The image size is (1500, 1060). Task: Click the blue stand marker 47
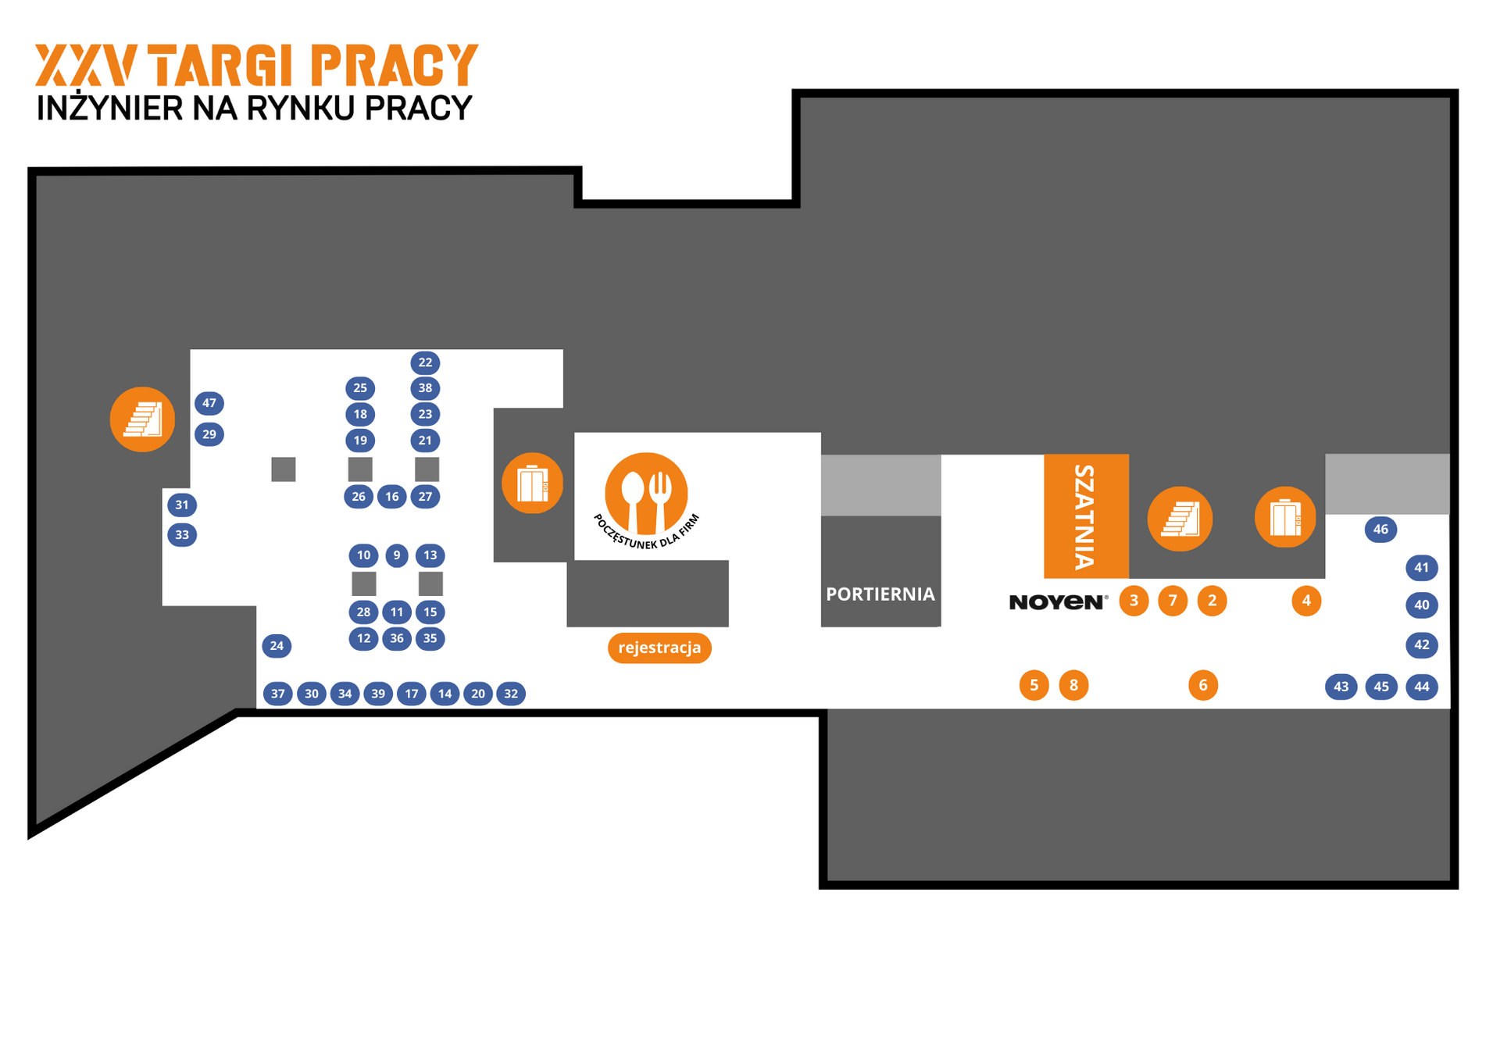tap(209, 403)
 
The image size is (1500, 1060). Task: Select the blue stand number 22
tap(425, 362)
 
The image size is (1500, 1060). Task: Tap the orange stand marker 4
tap(1305, 601)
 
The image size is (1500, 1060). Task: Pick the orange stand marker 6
tap(1202, 685)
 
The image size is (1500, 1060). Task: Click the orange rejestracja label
tap(659, 648)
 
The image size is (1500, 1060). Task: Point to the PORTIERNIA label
tap(880, 594)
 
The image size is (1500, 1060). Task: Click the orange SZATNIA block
tap(1086, 516)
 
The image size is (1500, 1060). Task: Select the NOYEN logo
tap(1058, 601)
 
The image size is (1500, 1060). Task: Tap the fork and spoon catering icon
tap(646, 494)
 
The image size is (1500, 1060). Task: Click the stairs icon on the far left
tap(142, 419)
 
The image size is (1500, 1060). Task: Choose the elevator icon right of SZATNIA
tap(1285, 517)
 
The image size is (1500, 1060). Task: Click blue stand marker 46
tap(1380, 530)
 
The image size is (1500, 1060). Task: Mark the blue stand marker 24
tap(277, 646)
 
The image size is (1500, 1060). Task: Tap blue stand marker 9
tap(397, 555)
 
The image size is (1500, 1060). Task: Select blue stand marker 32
tap(511, 694)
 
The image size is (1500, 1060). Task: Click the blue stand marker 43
tap(1341, 687)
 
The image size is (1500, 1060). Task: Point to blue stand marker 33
tap(182, 535)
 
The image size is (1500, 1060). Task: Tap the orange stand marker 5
tap(1034, 685)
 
